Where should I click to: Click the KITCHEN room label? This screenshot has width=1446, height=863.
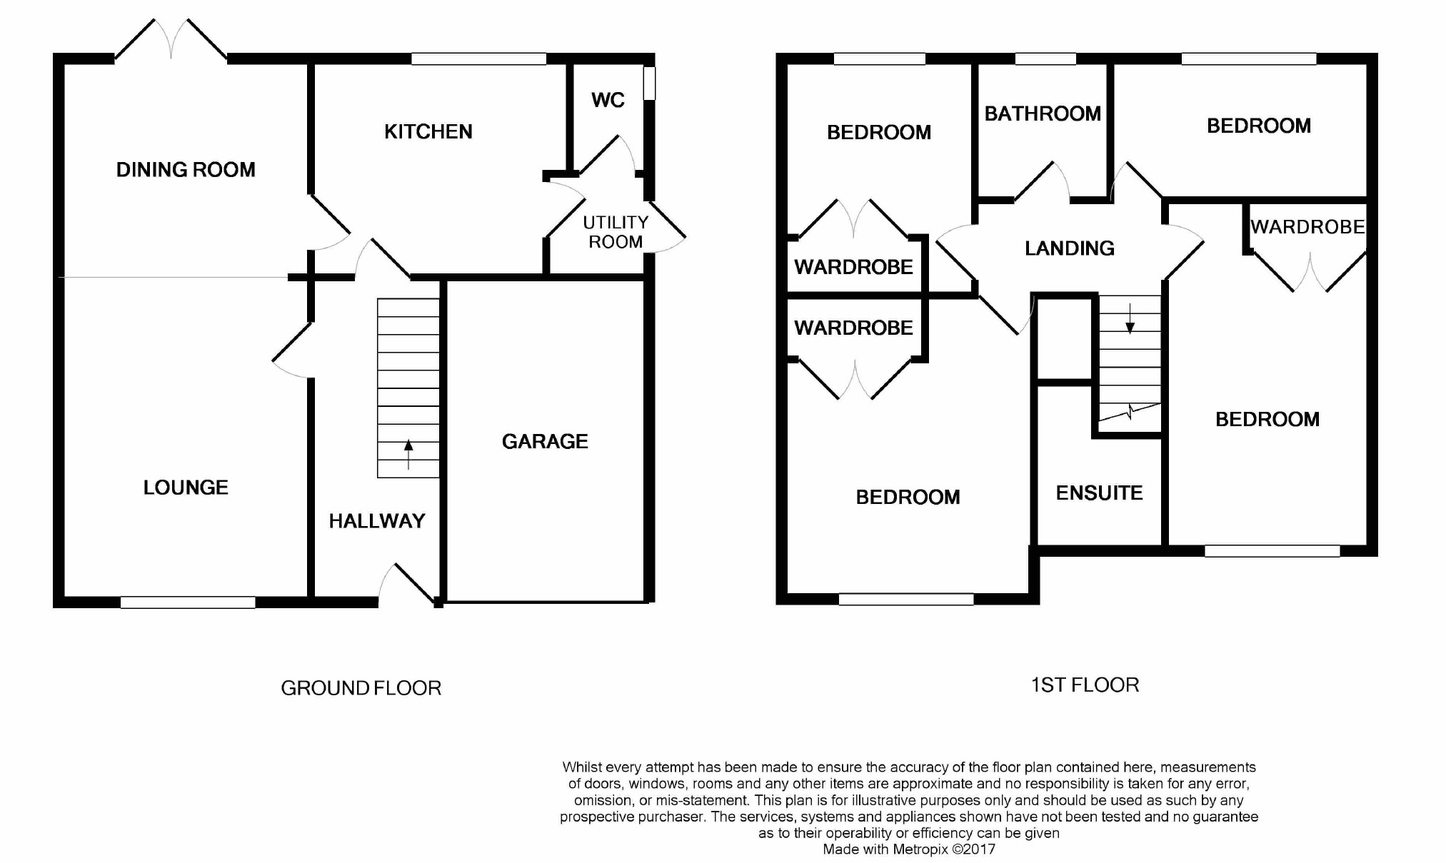pyautogui.click(x=428, y=131)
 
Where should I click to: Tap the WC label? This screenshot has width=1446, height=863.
pyautogui.click(x=608, y=100)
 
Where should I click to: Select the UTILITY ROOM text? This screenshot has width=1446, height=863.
pyautogui.click(x=616, y=232)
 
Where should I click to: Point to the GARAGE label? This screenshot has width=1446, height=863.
pyautogui.click(x=545, y=441)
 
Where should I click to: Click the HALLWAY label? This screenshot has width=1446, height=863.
pyautogui.click(x=377, y=521)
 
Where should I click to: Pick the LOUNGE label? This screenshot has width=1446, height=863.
pyautogui.click(x=186, y=488)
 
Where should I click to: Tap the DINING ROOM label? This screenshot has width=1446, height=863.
pyautogui.click(x=186, y=170)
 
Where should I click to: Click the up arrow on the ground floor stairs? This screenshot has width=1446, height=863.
pyautogui.click(x=408, y=454)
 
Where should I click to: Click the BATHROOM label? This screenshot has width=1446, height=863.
pyautogui.click(x=1043, y=113)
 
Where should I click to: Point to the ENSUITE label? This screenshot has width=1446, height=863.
pyautogui.click(x=1099, y=493)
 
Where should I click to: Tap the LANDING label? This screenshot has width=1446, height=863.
pyautogui.click(x=1069, y=248)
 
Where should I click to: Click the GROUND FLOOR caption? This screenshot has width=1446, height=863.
pyautogui.click(x=361, y=688)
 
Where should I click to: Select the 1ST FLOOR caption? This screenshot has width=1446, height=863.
pyautogui.click(x=1085, y=685)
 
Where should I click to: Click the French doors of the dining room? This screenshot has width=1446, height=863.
pyautogui.click(x=171, y=39)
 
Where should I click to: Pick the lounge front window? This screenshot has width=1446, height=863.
pyautogui.click(x=188, y=602)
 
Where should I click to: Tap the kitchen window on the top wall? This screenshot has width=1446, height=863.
pyautogui.click(x=478, y=59)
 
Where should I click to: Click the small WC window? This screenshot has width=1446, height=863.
pyautogui.click(x=649, y=83)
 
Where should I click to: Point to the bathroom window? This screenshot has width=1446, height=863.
pyautogui.click(x=1045, y=59)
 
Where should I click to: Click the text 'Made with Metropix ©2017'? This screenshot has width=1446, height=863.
pyautogui.click(x=909, y=849)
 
